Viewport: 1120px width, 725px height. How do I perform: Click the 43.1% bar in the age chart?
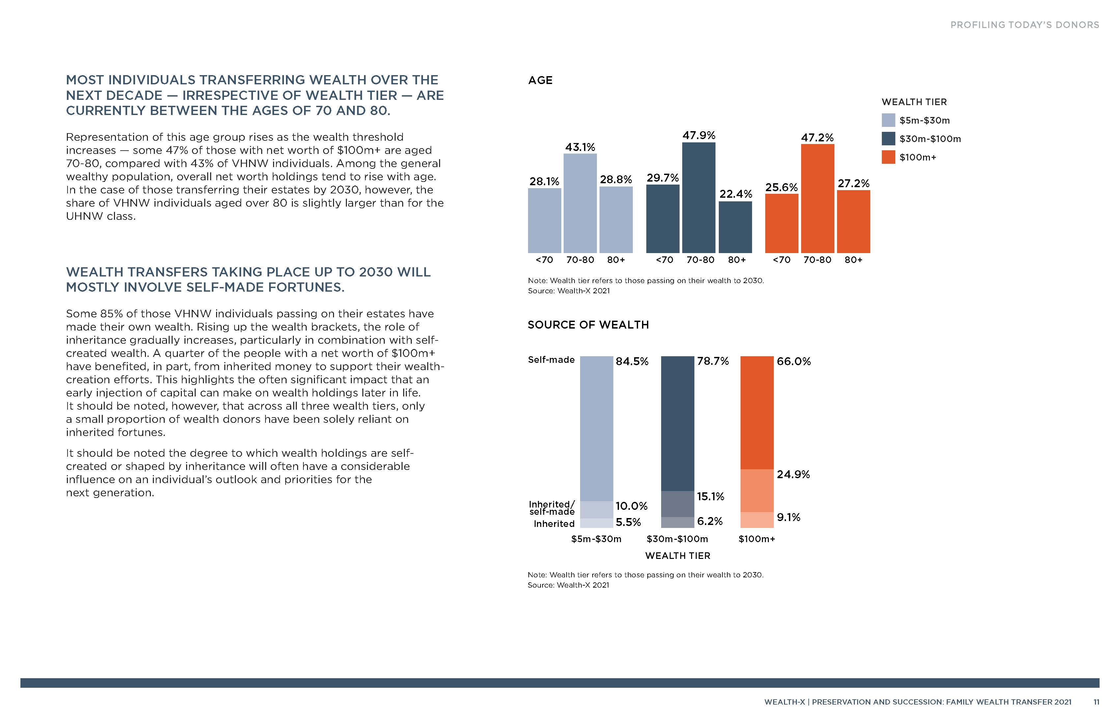[x=580, y=203]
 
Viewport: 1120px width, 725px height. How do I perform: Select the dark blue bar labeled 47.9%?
[x=698, y=198]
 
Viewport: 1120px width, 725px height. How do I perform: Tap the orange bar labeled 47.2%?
[x=817, y=199]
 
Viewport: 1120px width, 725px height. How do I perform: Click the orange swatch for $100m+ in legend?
[x=888, y=157]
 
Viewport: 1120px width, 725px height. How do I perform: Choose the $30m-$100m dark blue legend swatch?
[x=888, y=139]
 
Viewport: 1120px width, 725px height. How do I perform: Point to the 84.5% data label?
[x=632, y=362]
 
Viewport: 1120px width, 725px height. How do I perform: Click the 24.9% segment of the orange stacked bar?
[x=757, y=491]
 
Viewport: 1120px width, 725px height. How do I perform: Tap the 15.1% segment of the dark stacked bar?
[x=677, y=504]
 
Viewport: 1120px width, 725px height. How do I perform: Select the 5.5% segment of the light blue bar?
[x=596, y=523]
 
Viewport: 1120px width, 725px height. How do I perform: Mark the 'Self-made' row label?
[x=551, y=360]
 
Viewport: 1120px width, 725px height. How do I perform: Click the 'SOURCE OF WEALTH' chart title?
[x=588, y=325]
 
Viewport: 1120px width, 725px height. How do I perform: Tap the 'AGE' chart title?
[x=540, y=80]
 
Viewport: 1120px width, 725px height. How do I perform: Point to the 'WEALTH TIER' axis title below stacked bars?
[x=678, y=556]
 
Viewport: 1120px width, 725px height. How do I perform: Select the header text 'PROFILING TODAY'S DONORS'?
[x=1024, y=25]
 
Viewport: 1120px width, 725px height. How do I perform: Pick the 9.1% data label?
[x=788, y=517]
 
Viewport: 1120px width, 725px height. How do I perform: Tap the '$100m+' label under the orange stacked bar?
[x=756, y=539]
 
